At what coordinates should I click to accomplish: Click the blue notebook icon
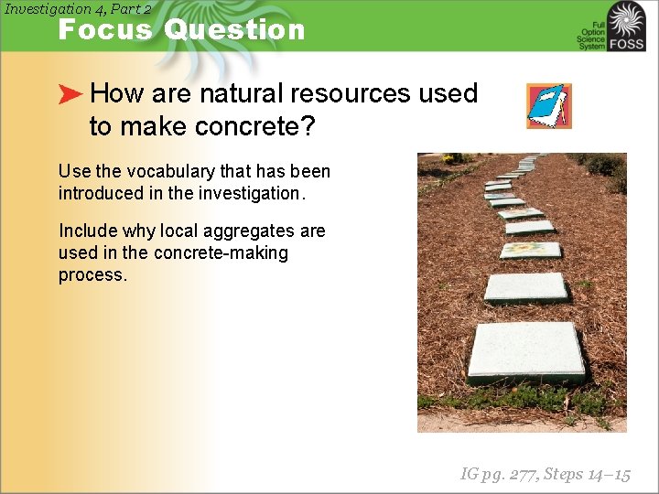click(x=548, y=106)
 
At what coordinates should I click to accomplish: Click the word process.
click(x=92, y=274)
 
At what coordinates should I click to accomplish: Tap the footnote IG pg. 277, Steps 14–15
click(x=545, y=474)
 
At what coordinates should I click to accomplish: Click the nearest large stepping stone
click(x=525, y=351)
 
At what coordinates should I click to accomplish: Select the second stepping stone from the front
click(x=525, y=287)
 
